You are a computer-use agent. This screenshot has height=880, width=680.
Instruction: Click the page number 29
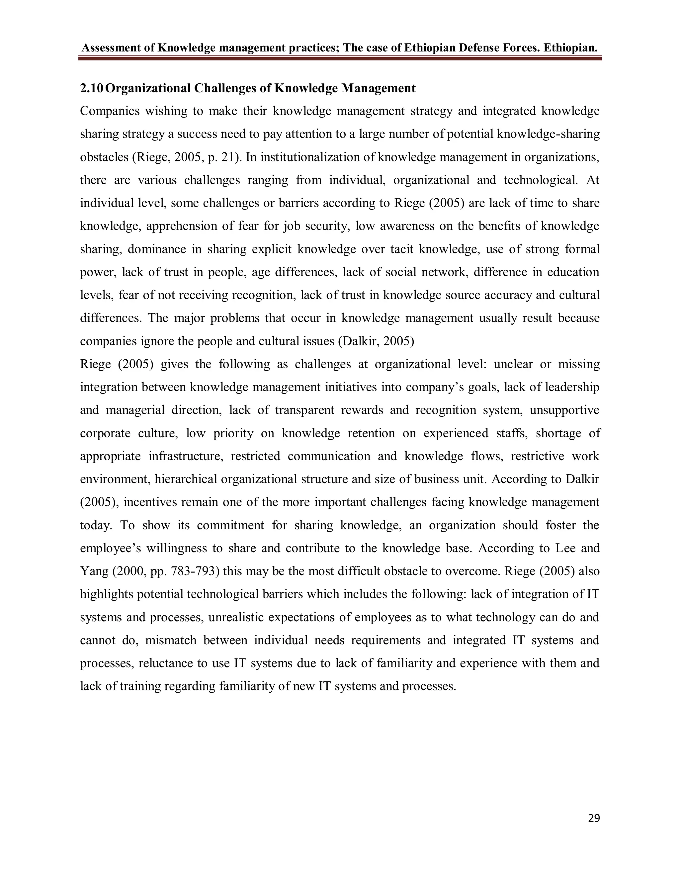[594, 818]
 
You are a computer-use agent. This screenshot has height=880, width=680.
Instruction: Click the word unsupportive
[564, 410]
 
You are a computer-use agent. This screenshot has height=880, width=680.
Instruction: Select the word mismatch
[171, 640]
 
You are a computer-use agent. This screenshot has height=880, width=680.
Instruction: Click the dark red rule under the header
[340, 59]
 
